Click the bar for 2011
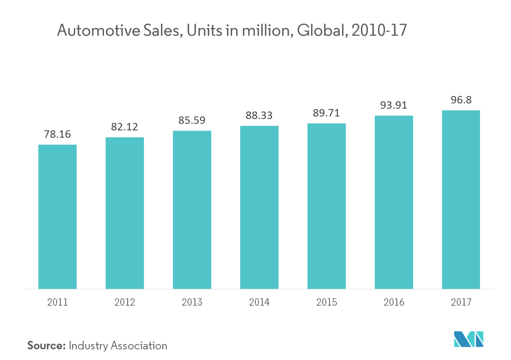click(x=58, y=216)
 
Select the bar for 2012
click(x=125, y=213)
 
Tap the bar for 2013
click(x=192, y=209)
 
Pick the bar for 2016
click(x=394, y=202)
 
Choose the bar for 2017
click(x=461, y=199)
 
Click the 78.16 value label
click(x=58, y=134)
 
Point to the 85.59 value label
click(x=192, y=120)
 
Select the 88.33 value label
click(x=259, y=116)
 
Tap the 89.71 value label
click(x=326, y=113)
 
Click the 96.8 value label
click(x=461, y=100)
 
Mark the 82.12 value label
click(x=125, y=127)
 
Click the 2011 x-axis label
click(x=58, y=302)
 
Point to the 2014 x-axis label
click(x=259, y=302)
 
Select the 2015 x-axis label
click(x=327, y=302)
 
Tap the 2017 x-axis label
click(x=461, y=302)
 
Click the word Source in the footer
click(x=46, y=346)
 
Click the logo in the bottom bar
click(x=469, y=339)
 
